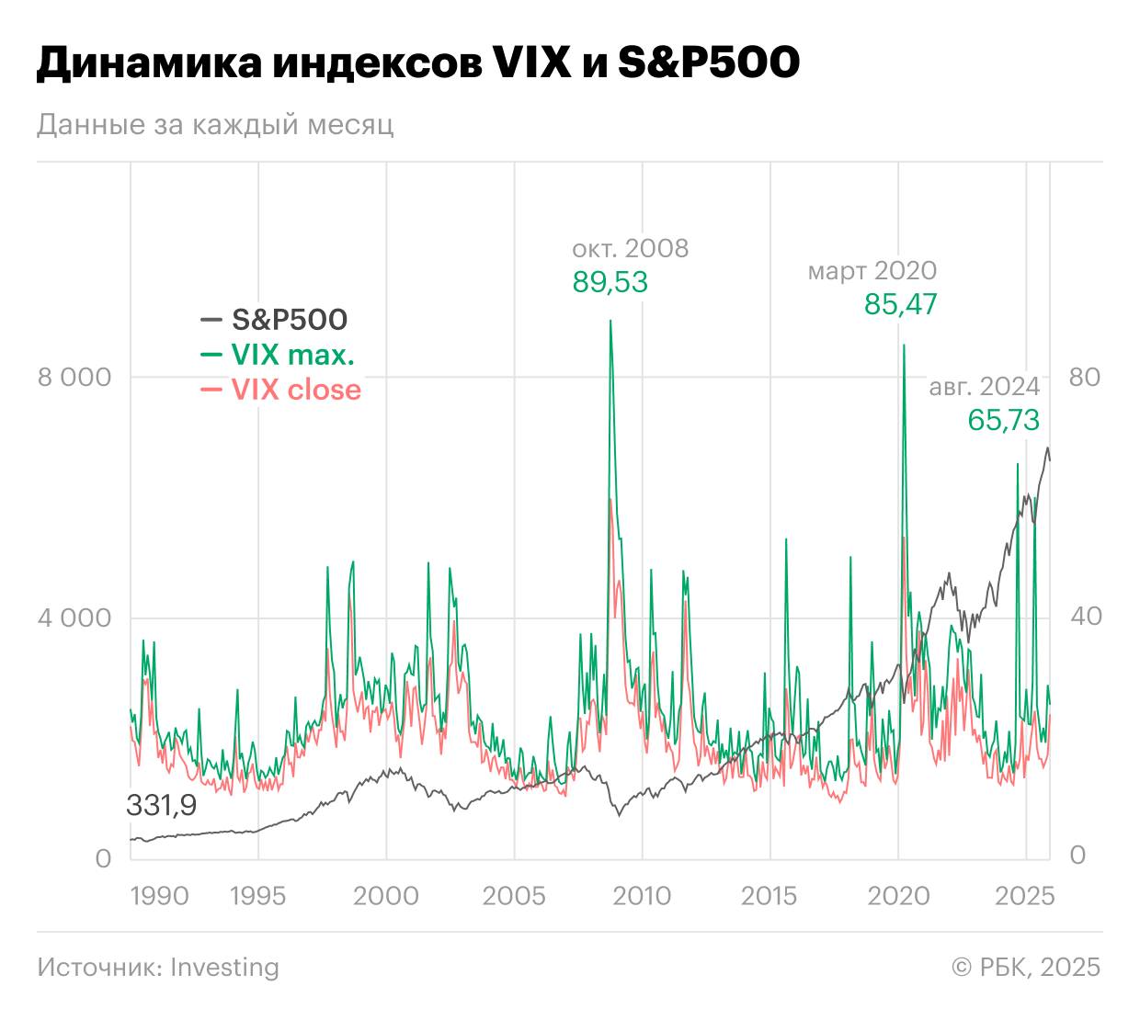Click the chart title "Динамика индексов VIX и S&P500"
[x=418, y=62]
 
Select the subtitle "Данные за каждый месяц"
[x=215, y=124]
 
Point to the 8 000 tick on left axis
[x=74, y=377]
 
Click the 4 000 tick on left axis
[x=74, y=618]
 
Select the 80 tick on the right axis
[x=1085, y=377]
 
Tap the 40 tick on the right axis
[x=1085, y=616]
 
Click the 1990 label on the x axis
[x=159, y=896]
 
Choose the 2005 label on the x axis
[x=514, y=896]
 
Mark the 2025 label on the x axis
[x=1024, y=896]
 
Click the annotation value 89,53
[x=610, y=282]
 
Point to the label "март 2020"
[x=872, y=271]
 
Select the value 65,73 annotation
[x=1003, y=420]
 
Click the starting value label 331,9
[x=162, y=806]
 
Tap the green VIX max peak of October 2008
[x=610, y=322]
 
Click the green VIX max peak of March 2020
[x=905, y=346]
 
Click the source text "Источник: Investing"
[x=158, y=967]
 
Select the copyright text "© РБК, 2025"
[x=1025, y=967]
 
